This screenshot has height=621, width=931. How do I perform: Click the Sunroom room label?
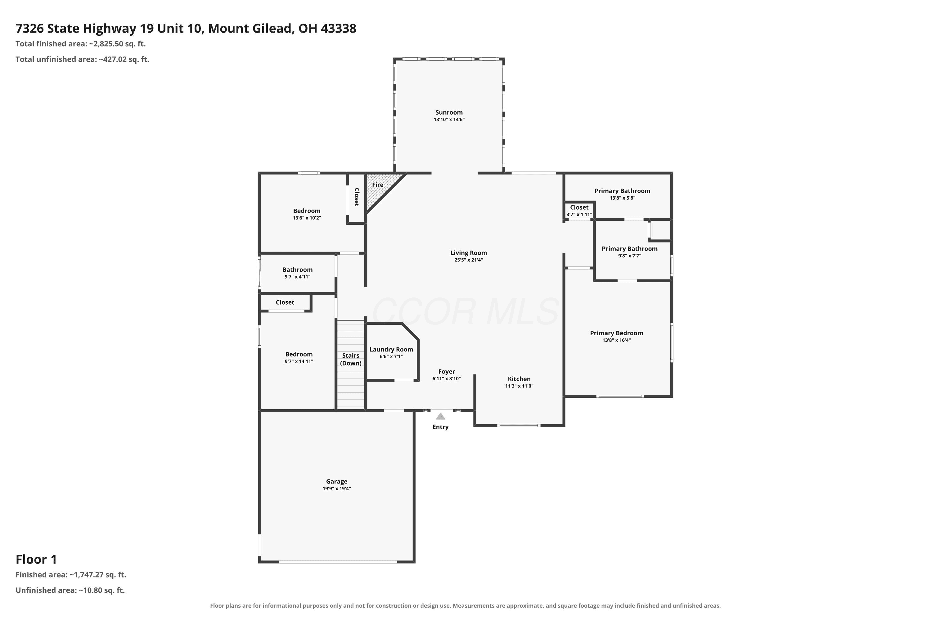tap(449, 112)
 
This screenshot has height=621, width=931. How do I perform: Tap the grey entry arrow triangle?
tap(441, 416)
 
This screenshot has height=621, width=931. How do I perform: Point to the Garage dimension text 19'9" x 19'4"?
tap(336, 489)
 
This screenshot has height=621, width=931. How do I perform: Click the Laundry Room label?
tap(391, 349)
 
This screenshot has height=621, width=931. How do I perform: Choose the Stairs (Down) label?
tap(351, 359)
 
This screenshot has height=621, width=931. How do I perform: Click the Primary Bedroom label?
tap(616, 333)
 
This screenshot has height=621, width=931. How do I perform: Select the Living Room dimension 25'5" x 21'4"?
tap(469, 260)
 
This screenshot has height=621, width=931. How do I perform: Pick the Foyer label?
tap(447, 371)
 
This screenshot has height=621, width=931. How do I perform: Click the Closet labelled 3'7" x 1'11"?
tap(579, 207)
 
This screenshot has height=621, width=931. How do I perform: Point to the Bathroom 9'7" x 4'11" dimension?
tap(297, 277)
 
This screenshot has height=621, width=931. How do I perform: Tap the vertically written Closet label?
tap(357, 197)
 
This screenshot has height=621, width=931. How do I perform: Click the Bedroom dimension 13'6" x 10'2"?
tap(307, 218)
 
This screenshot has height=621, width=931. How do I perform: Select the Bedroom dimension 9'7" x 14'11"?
tap(299, 361)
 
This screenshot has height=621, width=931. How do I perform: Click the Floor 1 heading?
tap(36, 559)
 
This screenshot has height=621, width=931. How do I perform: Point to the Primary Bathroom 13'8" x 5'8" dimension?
tap(622, 198)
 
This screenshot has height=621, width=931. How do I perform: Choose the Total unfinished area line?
tap(82, 59)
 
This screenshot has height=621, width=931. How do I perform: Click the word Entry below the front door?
tap(441, 427)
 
